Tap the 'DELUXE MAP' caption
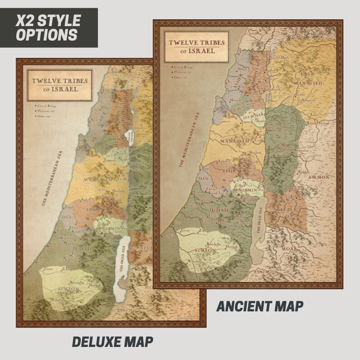(112, 341)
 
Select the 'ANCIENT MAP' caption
(259, 306)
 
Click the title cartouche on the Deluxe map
(60, 85)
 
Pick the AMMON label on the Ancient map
(320, 177)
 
